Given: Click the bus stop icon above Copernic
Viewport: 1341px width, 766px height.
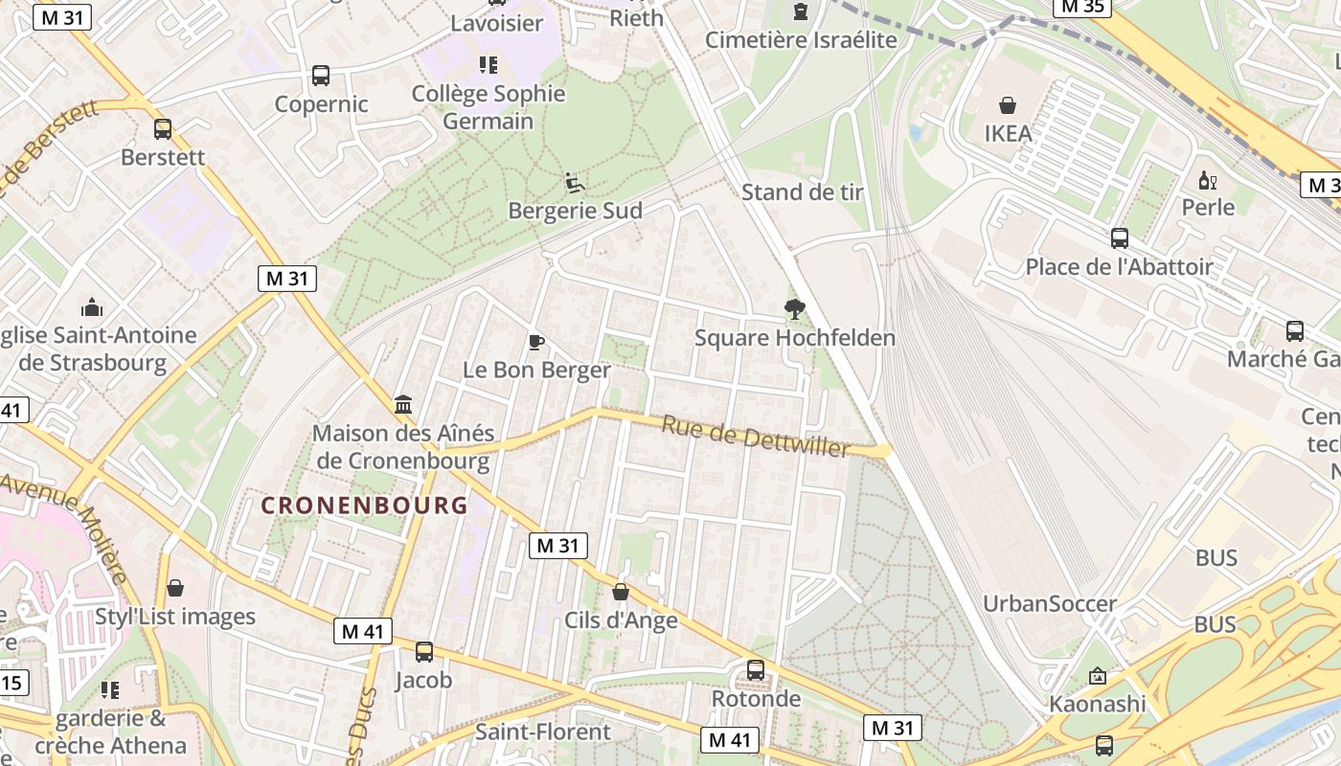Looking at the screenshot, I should (321, 76).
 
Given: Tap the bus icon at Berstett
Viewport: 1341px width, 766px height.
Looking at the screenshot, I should (163, 129).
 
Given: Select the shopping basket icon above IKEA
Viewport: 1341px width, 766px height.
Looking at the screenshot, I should (1008, 104).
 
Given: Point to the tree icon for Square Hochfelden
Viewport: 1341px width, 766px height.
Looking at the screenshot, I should (794, 309).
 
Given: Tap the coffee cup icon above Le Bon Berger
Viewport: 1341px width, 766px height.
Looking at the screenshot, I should (536, 342).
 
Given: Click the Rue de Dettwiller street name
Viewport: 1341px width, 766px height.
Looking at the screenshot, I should (756, 437).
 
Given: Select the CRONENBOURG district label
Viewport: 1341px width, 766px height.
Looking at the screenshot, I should (364, 505).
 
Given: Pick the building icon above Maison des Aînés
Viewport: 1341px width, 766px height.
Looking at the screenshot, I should (403, 405).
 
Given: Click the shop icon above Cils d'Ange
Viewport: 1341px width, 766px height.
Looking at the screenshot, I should (621, 592).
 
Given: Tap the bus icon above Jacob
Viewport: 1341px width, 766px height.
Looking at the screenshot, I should (423, 652).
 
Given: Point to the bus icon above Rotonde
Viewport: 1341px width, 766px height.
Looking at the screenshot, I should (756, 670).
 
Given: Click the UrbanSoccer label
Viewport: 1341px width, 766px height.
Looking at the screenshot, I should (1050, 604).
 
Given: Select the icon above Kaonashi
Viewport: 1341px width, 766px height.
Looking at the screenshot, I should (1098, 676).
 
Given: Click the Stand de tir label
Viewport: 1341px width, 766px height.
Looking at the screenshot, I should (803, 192).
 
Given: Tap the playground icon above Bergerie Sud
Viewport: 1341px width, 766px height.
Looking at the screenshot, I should (575, 182).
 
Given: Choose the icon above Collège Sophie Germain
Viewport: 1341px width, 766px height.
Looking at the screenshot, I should (489, 65).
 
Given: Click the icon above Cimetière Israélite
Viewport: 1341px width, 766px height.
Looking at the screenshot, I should (801, 11).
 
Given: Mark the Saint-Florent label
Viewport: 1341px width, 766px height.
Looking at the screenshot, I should (543, 732).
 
